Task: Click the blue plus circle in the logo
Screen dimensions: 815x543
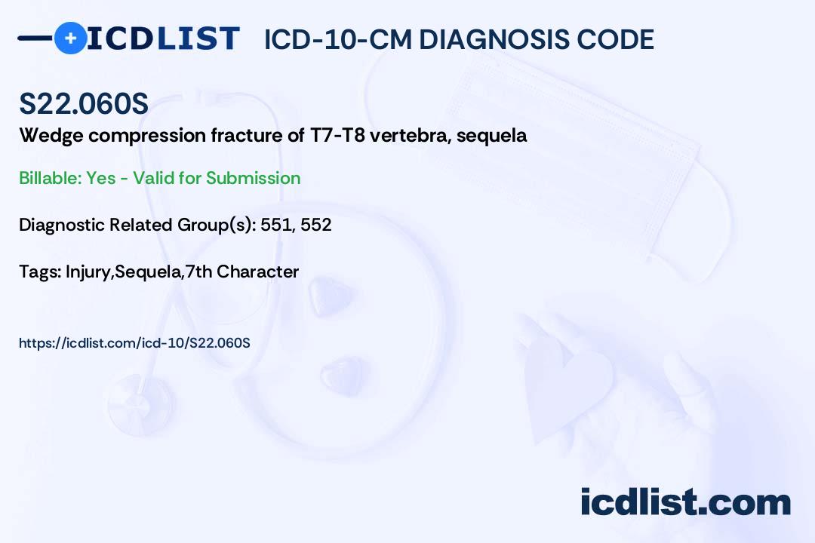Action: (x=70, y=38)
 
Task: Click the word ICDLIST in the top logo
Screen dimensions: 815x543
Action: (x=163, y=38)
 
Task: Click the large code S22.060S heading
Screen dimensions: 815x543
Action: (x=84, y=103)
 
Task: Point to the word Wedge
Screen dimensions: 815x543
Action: (x=51, y=137)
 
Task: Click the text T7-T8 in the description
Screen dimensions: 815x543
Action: (x=337, y=135)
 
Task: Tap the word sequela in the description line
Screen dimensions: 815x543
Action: (x=491, y=137)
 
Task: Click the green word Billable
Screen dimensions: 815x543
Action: (x=51, y=178)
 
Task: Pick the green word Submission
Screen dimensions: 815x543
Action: (x=253, y=178)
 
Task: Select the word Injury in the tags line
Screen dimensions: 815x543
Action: (x=88, y=271)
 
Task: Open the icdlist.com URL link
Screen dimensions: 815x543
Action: (x=134, y=343)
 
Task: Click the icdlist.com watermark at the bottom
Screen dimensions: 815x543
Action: (x=685, y=502)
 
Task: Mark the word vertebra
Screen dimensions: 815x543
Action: (x=410, y=135)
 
